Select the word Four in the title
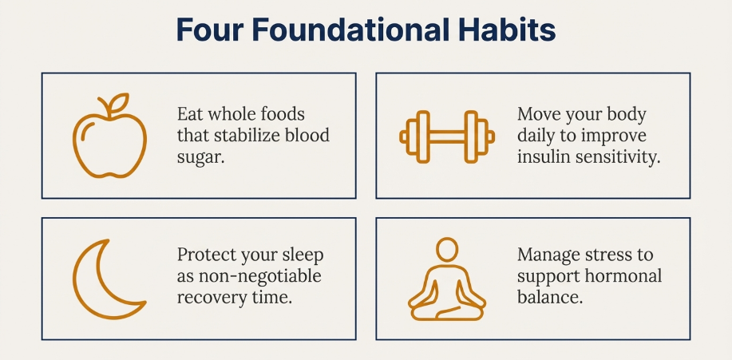pos(211,30)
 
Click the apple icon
pos(109,136)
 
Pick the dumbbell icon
pos(447,136)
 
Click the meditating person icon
pos(447,279)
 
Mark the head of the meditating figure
pos(447,249)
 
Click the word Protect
pos(207,255)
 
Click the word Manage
pos(547,255)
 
